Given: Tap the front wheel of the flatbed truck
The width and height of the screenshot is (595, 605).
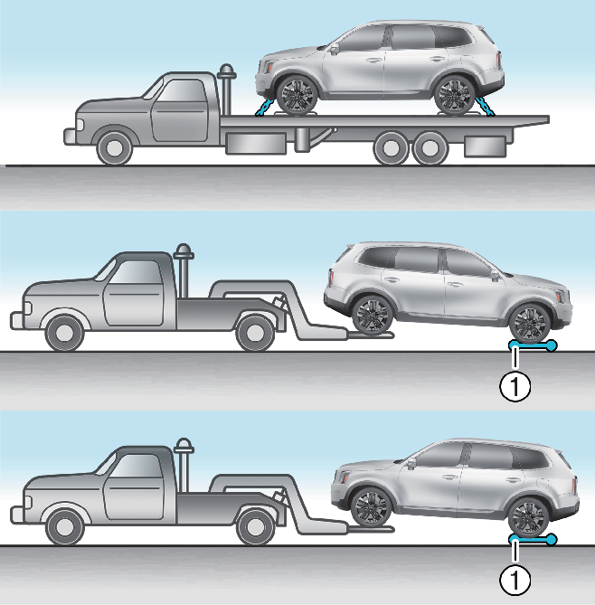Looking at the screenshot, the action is click(114, 148).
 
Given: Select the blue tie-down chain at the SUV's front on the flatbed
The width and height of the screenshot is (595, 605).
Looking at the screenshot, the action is click(265, 108).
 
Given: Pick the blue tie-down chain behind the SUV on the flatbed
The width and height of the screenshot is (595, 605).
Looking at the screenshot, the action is click(485, 107).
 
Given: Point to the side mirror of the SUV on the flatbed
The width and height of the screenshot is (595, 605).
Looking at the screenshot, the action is click(335, 48).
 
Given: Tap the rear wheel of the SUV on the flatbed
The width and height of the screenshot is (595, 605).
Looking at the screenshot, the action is click(455, 95).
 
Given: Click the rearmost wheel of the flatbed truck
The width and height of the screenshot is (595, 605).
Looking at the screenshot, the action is click(430, 147).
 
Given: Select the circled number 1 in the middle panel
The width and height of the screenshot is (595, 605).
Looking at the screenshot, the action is click(515, 386).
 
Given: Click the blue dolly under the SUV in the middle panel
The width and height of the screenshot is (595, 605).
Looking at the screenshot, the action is click(533, 345).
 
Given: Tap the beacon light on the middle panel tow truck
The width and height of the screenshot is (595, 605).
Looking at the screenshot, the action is click(184, 251).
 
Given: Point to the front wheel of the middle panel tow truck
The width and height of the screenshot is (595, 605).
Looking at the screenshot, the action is click(64, 333).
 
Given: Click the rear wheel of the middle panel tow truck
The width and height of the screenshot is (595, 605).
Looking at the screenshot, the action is click(255, 333).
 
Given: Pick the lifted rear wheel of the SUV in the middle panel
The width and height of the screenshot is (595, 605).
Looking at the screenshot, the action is click(373, 315).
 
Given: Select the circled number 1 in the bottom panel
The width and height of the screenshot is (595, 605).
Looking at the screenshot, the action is click(515, 580).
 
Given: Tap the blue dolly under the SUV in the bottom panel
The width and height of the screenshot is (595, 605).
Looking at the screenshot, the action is click(533, 539).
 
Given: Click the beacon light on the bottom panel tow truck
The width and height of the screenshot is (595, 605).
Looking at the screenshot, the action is click(184, 446).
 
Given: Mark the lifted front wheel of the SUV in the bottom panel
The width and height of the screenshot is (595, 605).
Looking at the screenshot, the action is click(371, 507).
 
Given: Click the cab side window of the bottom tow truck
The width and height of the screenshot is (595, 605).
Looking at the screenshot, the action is click(134, 466).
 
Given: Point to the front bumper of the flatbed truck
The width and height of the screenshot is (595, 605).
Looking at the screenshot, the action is click(70, 137).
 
